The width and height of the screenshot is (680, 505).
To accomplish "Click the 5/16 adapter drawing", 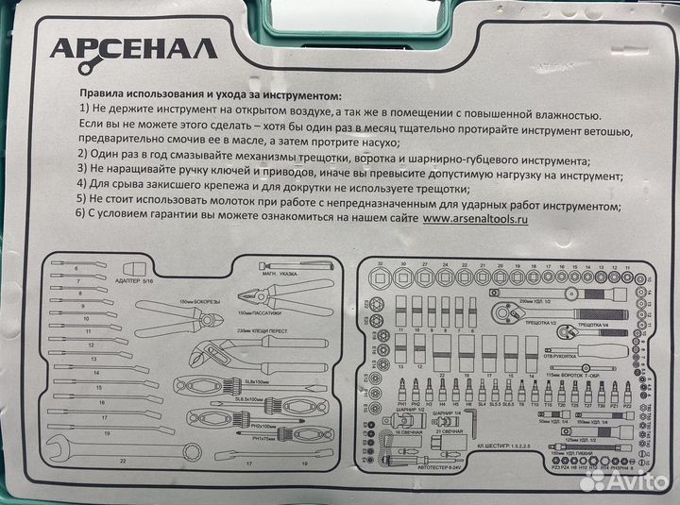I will click(116, 267).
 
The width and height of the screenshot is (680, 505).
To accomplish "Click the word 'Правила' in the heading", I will click(104, 94).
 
